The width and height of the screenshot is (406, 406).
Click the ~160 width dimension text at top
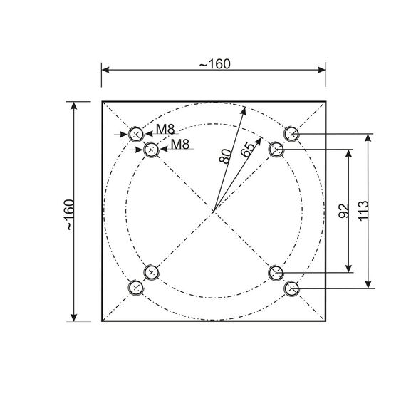[x=214, y=64]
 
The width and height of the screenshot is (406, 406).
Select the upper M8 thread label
[x=165, y=129]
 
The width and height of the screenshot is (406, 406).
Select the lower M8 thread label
[x=180, y=145]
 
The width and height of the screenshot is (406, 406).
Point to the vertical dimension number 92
[x=343, y=210]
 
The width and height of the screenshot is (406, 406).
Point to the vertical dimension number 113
[x=363, y=210]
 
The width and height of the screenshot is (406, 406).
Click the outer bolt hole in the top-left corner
[x=136, y=134]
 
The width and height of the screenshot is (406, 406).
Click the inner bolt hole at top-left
[x=151, y=150]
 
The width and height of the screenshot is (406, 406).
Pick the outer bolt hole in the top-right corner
[x=291, y=134]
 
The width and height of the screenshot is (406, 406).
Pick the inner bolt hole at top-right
[x=276, y=150]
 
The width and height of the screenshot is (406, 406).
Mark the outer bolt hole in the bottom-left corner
[x=136, y=288]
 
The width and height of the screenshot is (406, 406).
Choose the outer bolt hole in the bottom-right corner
[x=291, y=288]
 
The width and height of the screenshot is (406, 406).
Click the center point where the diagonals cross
[x=214, y=211]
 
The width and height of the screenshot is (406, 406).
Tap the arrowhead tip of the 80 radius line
[x=242, y=108]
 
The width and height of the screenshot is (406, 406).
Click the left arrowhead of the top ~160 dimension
[x=103, y=70]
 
